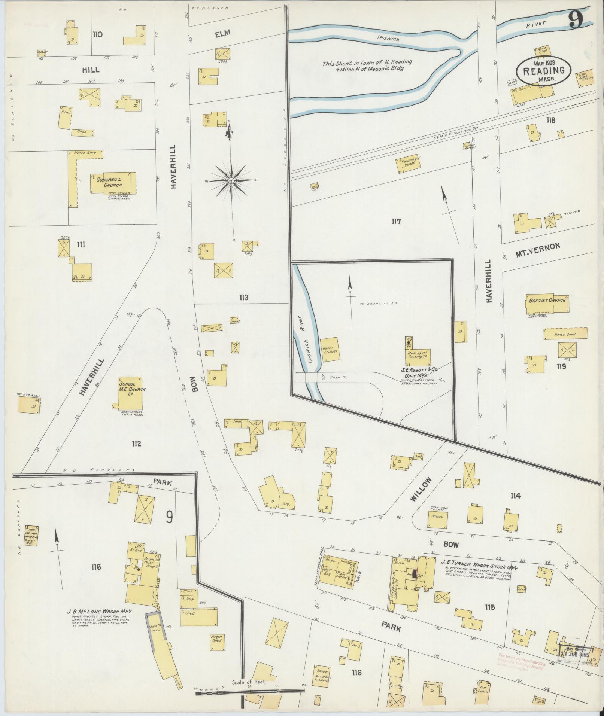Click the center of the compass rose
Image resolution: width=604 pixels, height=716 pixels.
(x=231, y=181)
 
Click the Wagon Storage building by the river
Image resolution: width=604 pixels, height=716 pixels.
(x=331, y=349)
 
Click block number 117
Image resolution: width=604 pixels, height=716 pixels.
(x=396, y=221)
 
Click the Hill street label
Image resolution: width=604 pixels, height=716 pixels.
(x=91, y=70)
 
